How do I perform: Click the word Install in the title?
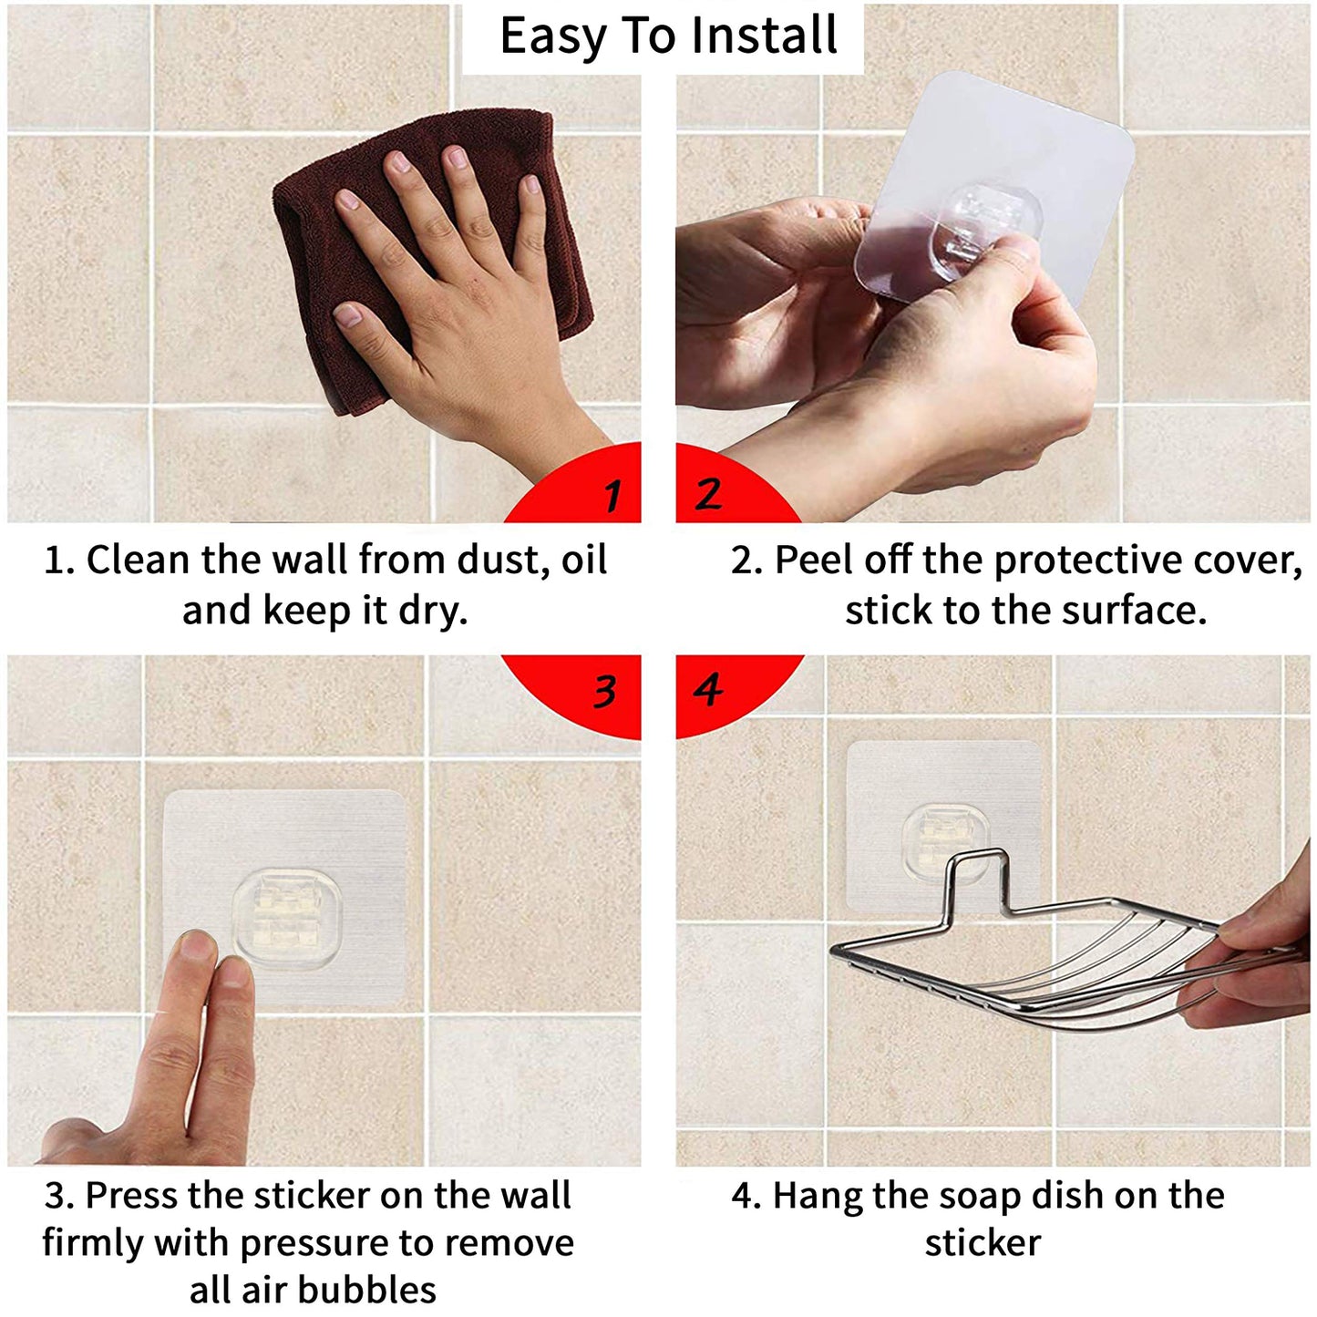point(764,36)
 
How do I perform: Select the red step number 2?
point(707,493)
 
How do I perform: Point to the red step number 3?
point(605,692)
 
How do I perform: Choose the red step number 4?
point(708,690)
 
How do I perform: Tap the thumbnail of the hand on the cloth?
point(348,315)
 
